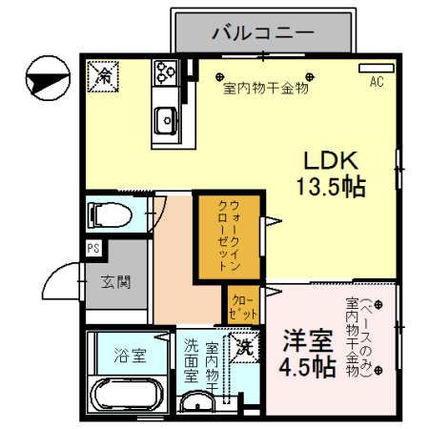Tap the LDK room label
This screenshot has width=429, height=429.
327,159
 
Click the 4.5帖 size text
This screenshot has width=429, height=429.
307,366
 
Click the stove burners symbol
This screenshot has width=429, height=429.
167,71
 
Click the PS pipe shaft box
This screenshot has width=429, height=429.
93,249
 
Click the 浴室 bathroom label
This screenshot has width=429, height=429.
131,357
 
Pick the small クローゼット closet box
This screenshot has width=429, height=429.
245,306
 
